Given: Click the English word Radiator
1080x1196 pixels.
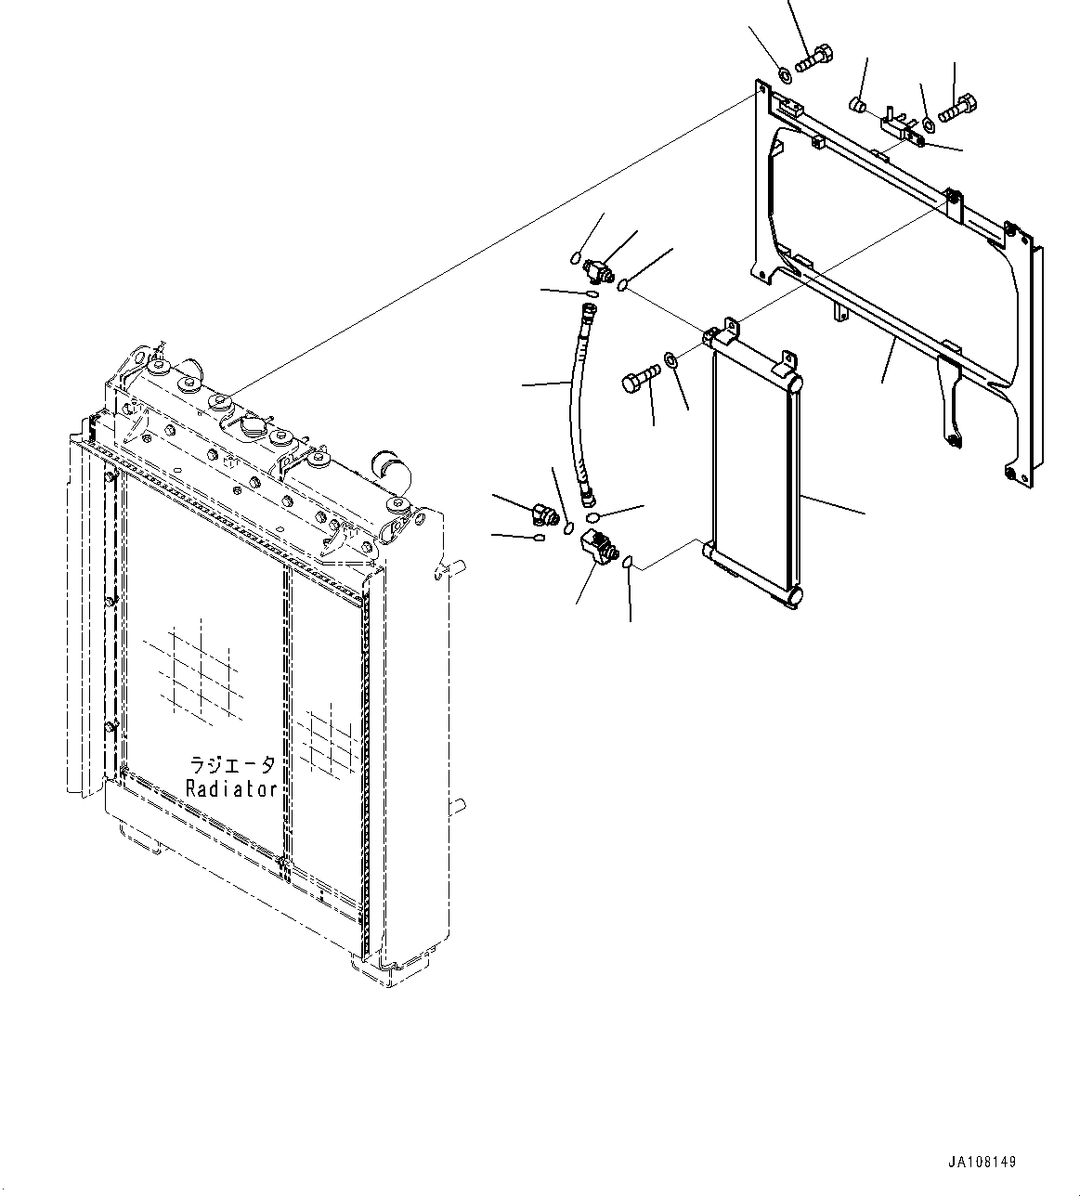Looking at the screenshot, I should click(231, 788).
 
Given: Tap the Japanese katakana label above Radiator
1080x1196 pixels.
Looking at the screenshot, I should click(232, 764).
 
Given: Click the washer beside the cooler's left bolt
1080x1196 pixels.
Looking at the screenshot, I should click(670, 359).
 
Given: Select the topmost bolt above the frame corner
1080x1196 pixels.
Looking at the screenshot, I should click(814, 58).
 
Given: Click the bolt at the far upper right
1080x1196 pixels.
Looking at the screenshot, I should click(957, 109).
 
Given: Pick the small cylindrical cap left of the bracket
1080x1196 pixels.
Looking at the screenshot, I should click(859, 104).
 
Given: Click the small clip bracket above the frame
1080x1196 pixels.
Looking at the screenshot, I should click(901, 128).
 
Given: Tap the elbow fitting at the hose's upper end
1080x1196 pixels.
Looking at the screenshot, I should click(595, 270).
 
